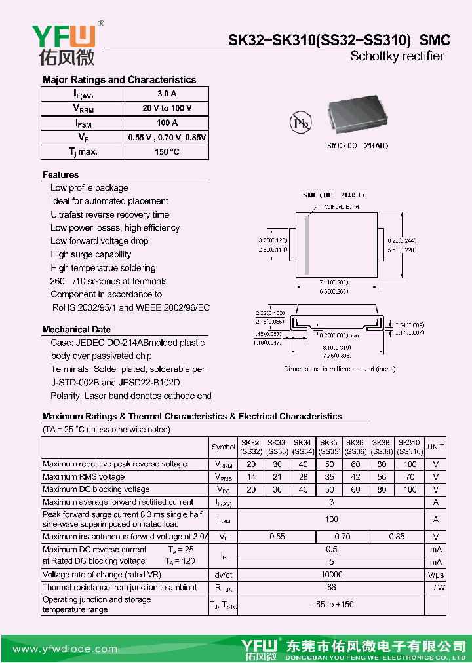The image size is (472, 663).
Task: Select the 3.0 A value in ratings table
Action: (167, 94)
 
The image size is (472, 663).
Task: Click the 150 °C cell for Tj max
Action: (167, 151)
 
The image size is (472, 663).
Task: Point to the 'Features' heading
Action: (60, 174)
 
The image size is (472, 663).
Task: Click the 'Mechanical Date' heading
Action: (77, 329)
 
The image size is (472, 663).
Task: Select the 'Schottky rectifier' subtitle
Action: (397, 56)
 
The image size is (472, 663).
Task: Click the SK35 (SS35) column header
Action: (329, 447)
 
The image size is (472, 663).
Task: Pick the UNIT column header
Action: (435, 447)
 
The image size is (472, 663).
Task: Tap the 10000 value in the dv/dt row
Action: (331, 575)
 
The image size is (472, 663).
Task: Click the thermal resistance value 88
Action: (331, 588)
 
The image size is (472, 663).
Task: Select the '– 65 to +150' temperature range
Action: (331, 605)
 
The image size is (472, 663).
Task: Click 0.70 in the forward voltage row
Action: (342, 536)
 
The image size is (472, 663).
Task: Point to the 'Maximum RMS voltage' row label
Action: (83, 477)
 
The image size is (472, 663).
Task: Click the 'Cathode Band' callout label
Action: (342, 206)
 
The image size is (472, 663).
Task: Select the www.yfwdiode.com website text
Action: (62, 649)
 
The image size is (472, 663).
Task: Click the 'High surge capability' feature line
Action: (91, 254)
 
